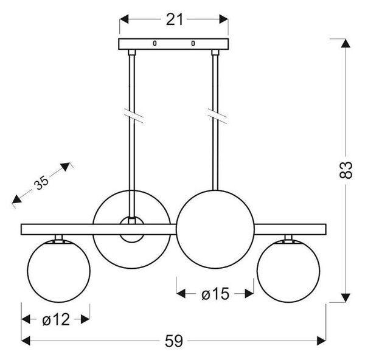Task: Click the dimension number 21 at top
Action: pyautogui.click(x=175, y=19)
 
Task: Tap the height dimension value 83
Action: pyautogui.click(x=346, y=170)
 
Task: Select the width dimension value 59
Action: pyautogui.click(x=174, y=341)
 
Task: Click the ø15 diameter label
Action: pyautogui.click(x=215, y=294)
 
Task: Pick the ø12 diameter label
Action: pyautogui.click(x=56, y=319)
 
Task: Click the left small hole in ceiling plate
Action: pyautogui.click(x=155, y=43)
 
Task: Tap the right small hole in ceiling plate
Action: pyautogui.click(x=193, y=43)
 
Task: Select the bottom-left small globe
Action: pyautogui.click(x=58, y=271)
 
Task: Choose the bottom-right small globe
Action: pyautogui.click(x=288, y=271)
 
